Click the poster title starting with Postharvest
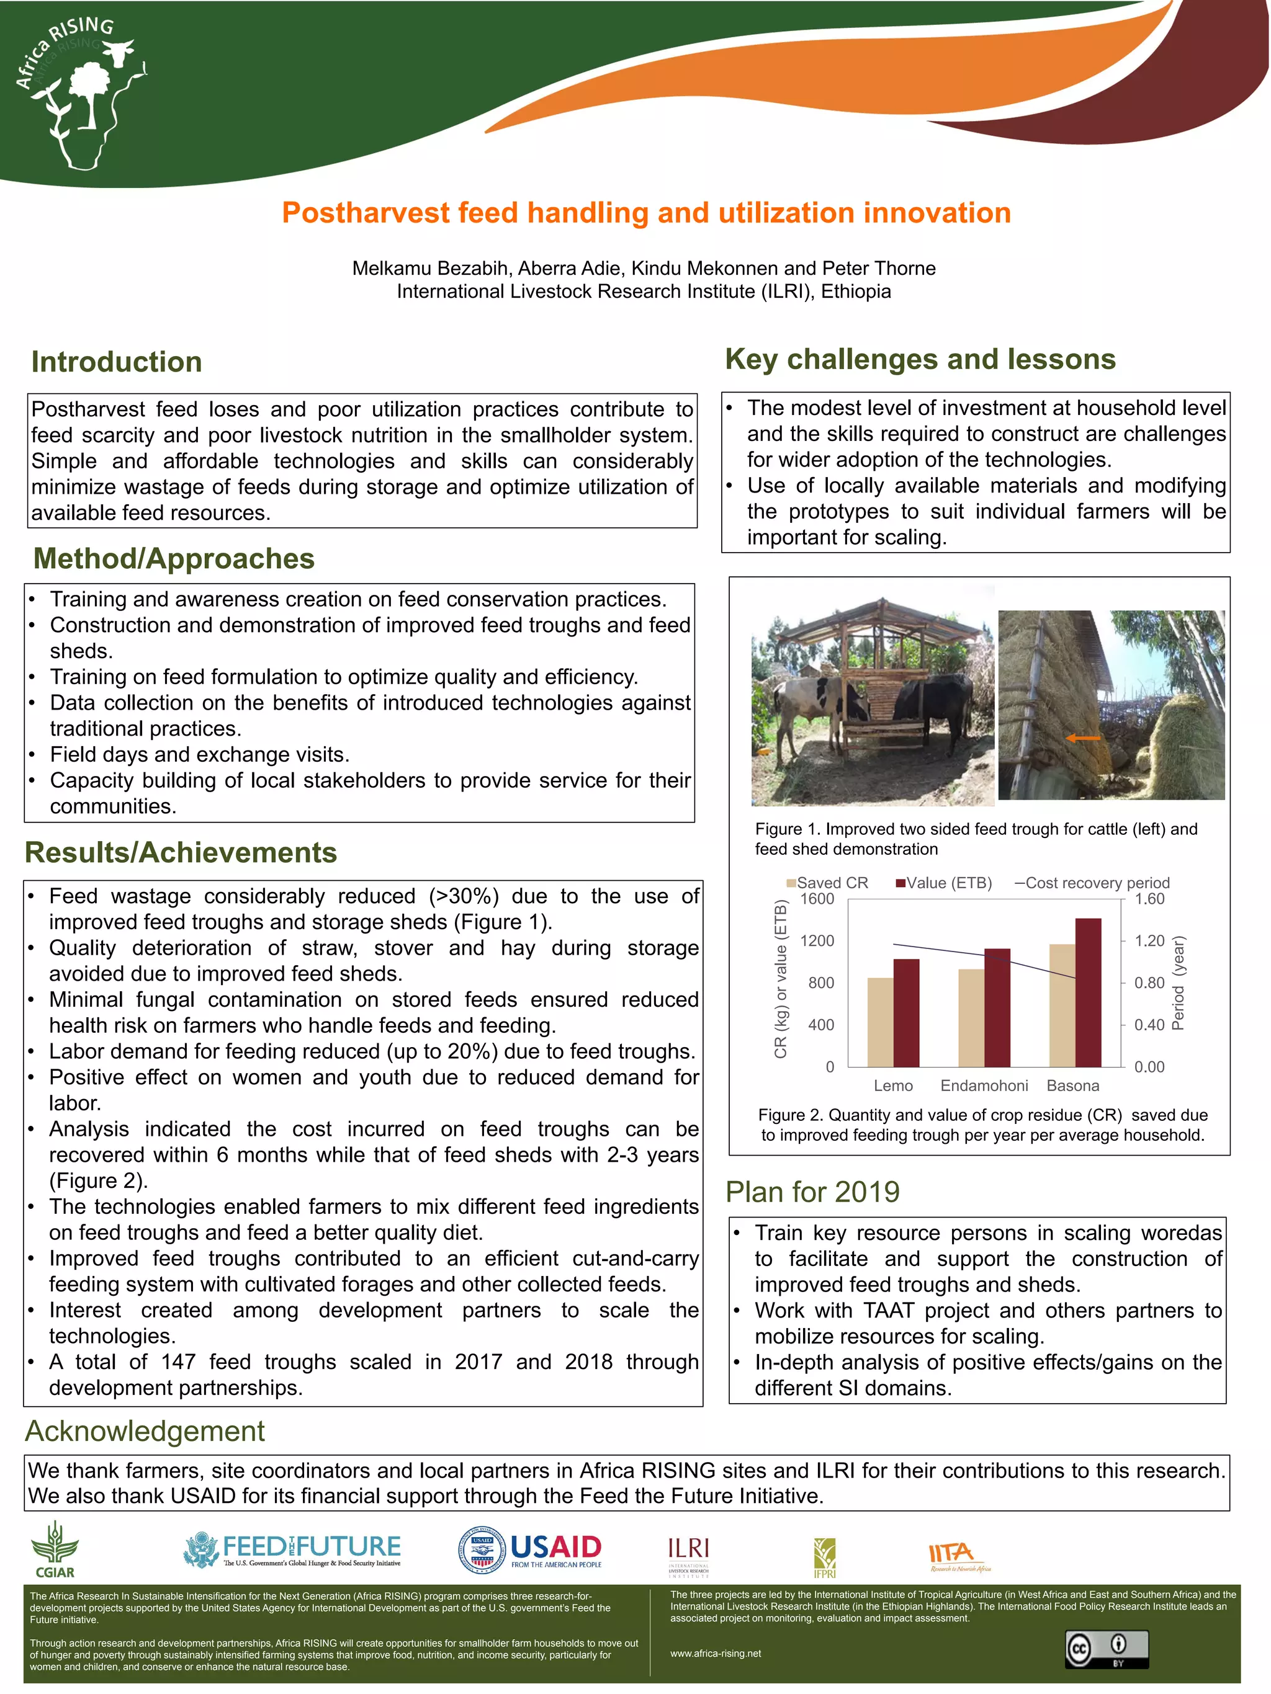point(646,213)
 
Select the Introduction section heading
point(117,362)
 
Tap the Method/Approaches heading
point(174,558)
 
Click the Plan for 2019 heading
point(812,1192)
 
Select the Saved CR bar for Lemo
point(880,1022)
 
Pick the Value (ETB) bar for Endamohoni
point(997,1007)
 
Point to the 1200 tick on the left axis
point(817,940)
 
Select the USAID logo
point(530,1551)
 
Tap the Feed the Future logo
point(292,1550)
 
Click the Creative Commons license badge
point(1105,1649)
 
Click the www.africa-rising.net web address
point(715,1652)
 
